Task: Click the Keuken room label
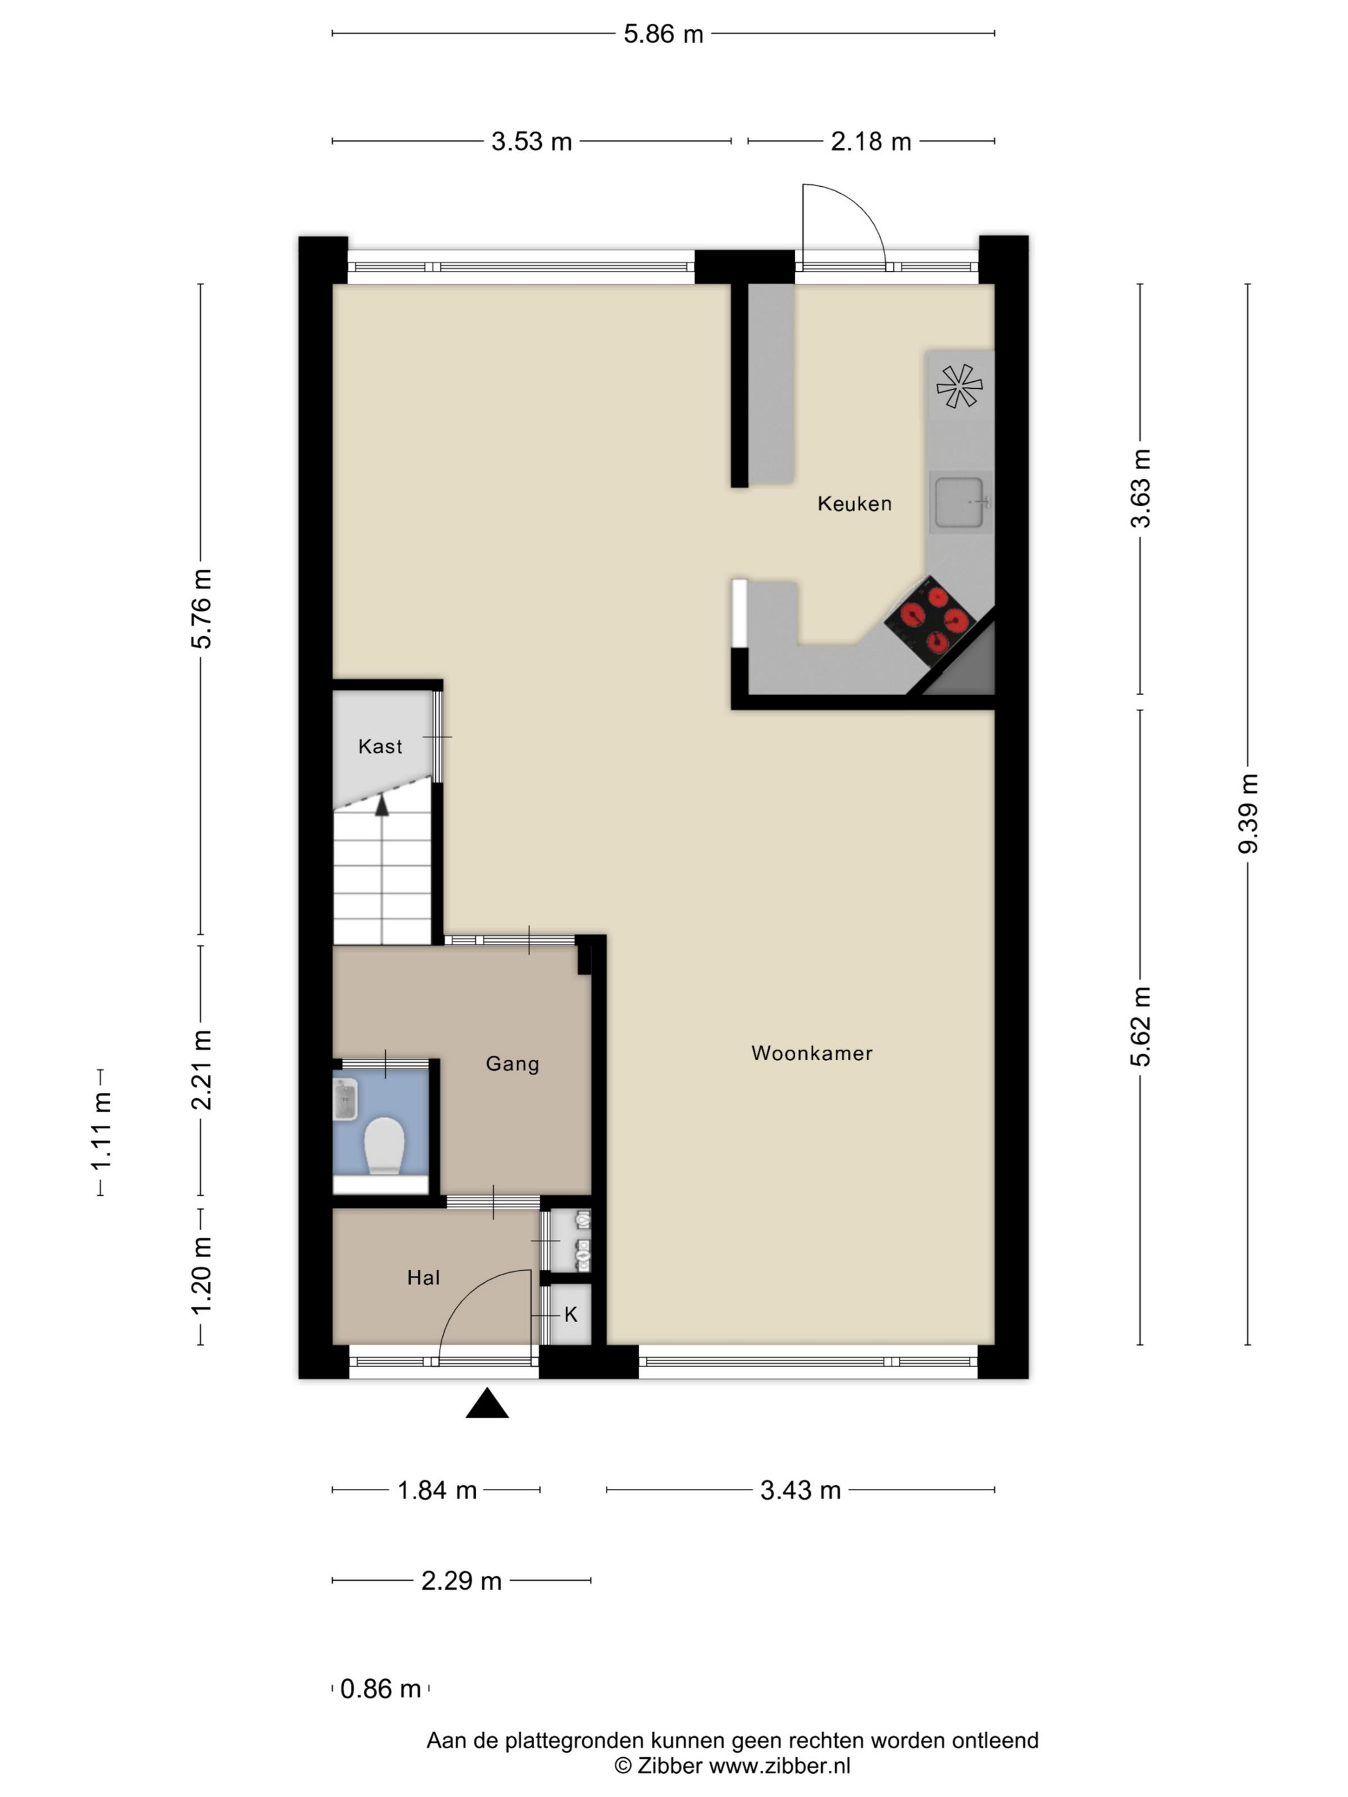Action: pos(854,504)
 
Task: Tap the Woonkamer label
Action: pos(812,1053)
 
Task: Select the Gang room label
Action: pos(512,1064)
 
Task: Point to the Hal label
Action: pos(423,1278)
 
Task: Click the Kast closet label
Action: pos(380,746)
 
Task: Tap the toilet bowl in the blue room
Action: pos(383,1146)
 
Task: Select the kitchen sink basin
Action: pos(960,503)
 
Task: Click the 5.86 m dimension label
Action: pos(663,34)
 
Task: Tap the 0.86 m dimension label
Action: pos(380,1689)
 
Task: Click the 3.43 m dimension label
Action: pos(800,1490)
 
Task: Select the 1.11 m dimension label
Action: pos(101,1131)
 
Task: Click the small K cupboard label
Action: pos(571,1314)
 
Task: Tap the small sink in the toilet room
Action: pos(345,1099)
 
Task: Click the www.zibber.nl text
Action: pos(779,1764)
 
